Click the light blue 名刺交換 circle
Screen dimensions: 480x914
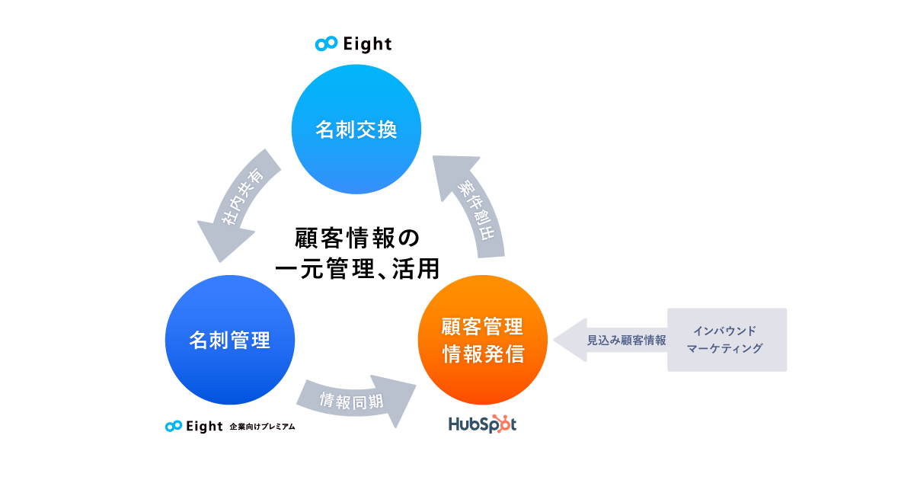coord(356,130)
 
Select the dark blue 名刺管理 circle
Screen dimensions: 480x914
coord(229,340)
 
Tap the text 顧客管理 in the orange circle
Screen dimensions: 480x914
coord(482,327)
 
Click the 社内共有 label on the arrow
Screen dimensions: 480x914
coord(243,197)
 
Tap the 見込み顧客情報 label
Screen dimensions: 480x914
coord(626,341)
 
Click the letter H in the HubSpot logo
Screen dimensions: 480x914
coord(454,424)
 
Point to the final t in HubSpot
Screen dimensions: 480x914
coord(512,424)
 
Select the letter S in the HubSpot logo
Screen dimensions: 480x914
coord(480,424)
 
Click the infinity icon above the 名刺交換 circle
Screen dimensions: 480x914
coord(326,44)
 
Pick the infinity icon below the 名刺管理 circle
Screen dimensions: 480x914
coord(174,426)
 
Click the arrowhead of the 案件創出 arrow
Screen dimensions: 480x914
coord(454,175)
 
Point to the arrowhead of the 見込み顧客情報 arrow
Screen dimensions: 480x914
coord(567,339)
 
